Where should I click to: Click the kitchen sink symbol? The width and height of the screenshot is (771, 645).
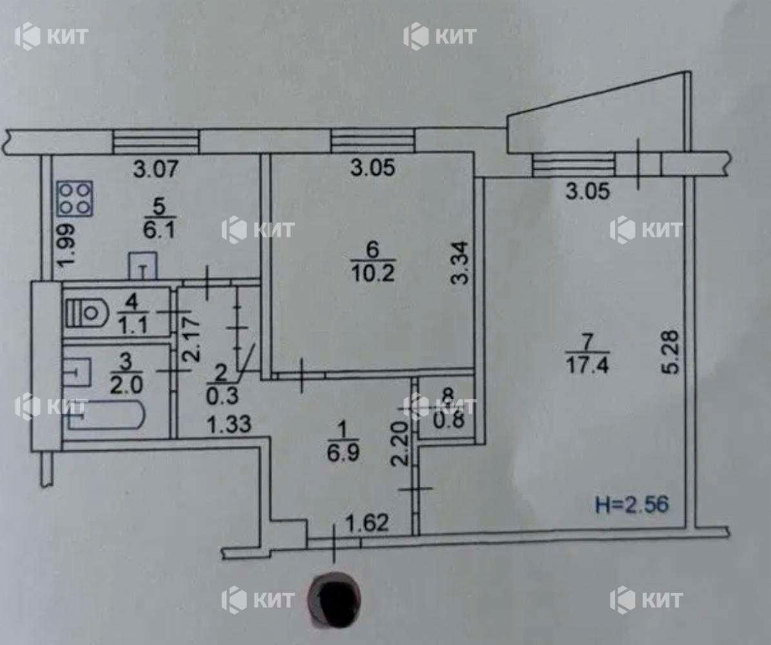pos(143,264)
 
